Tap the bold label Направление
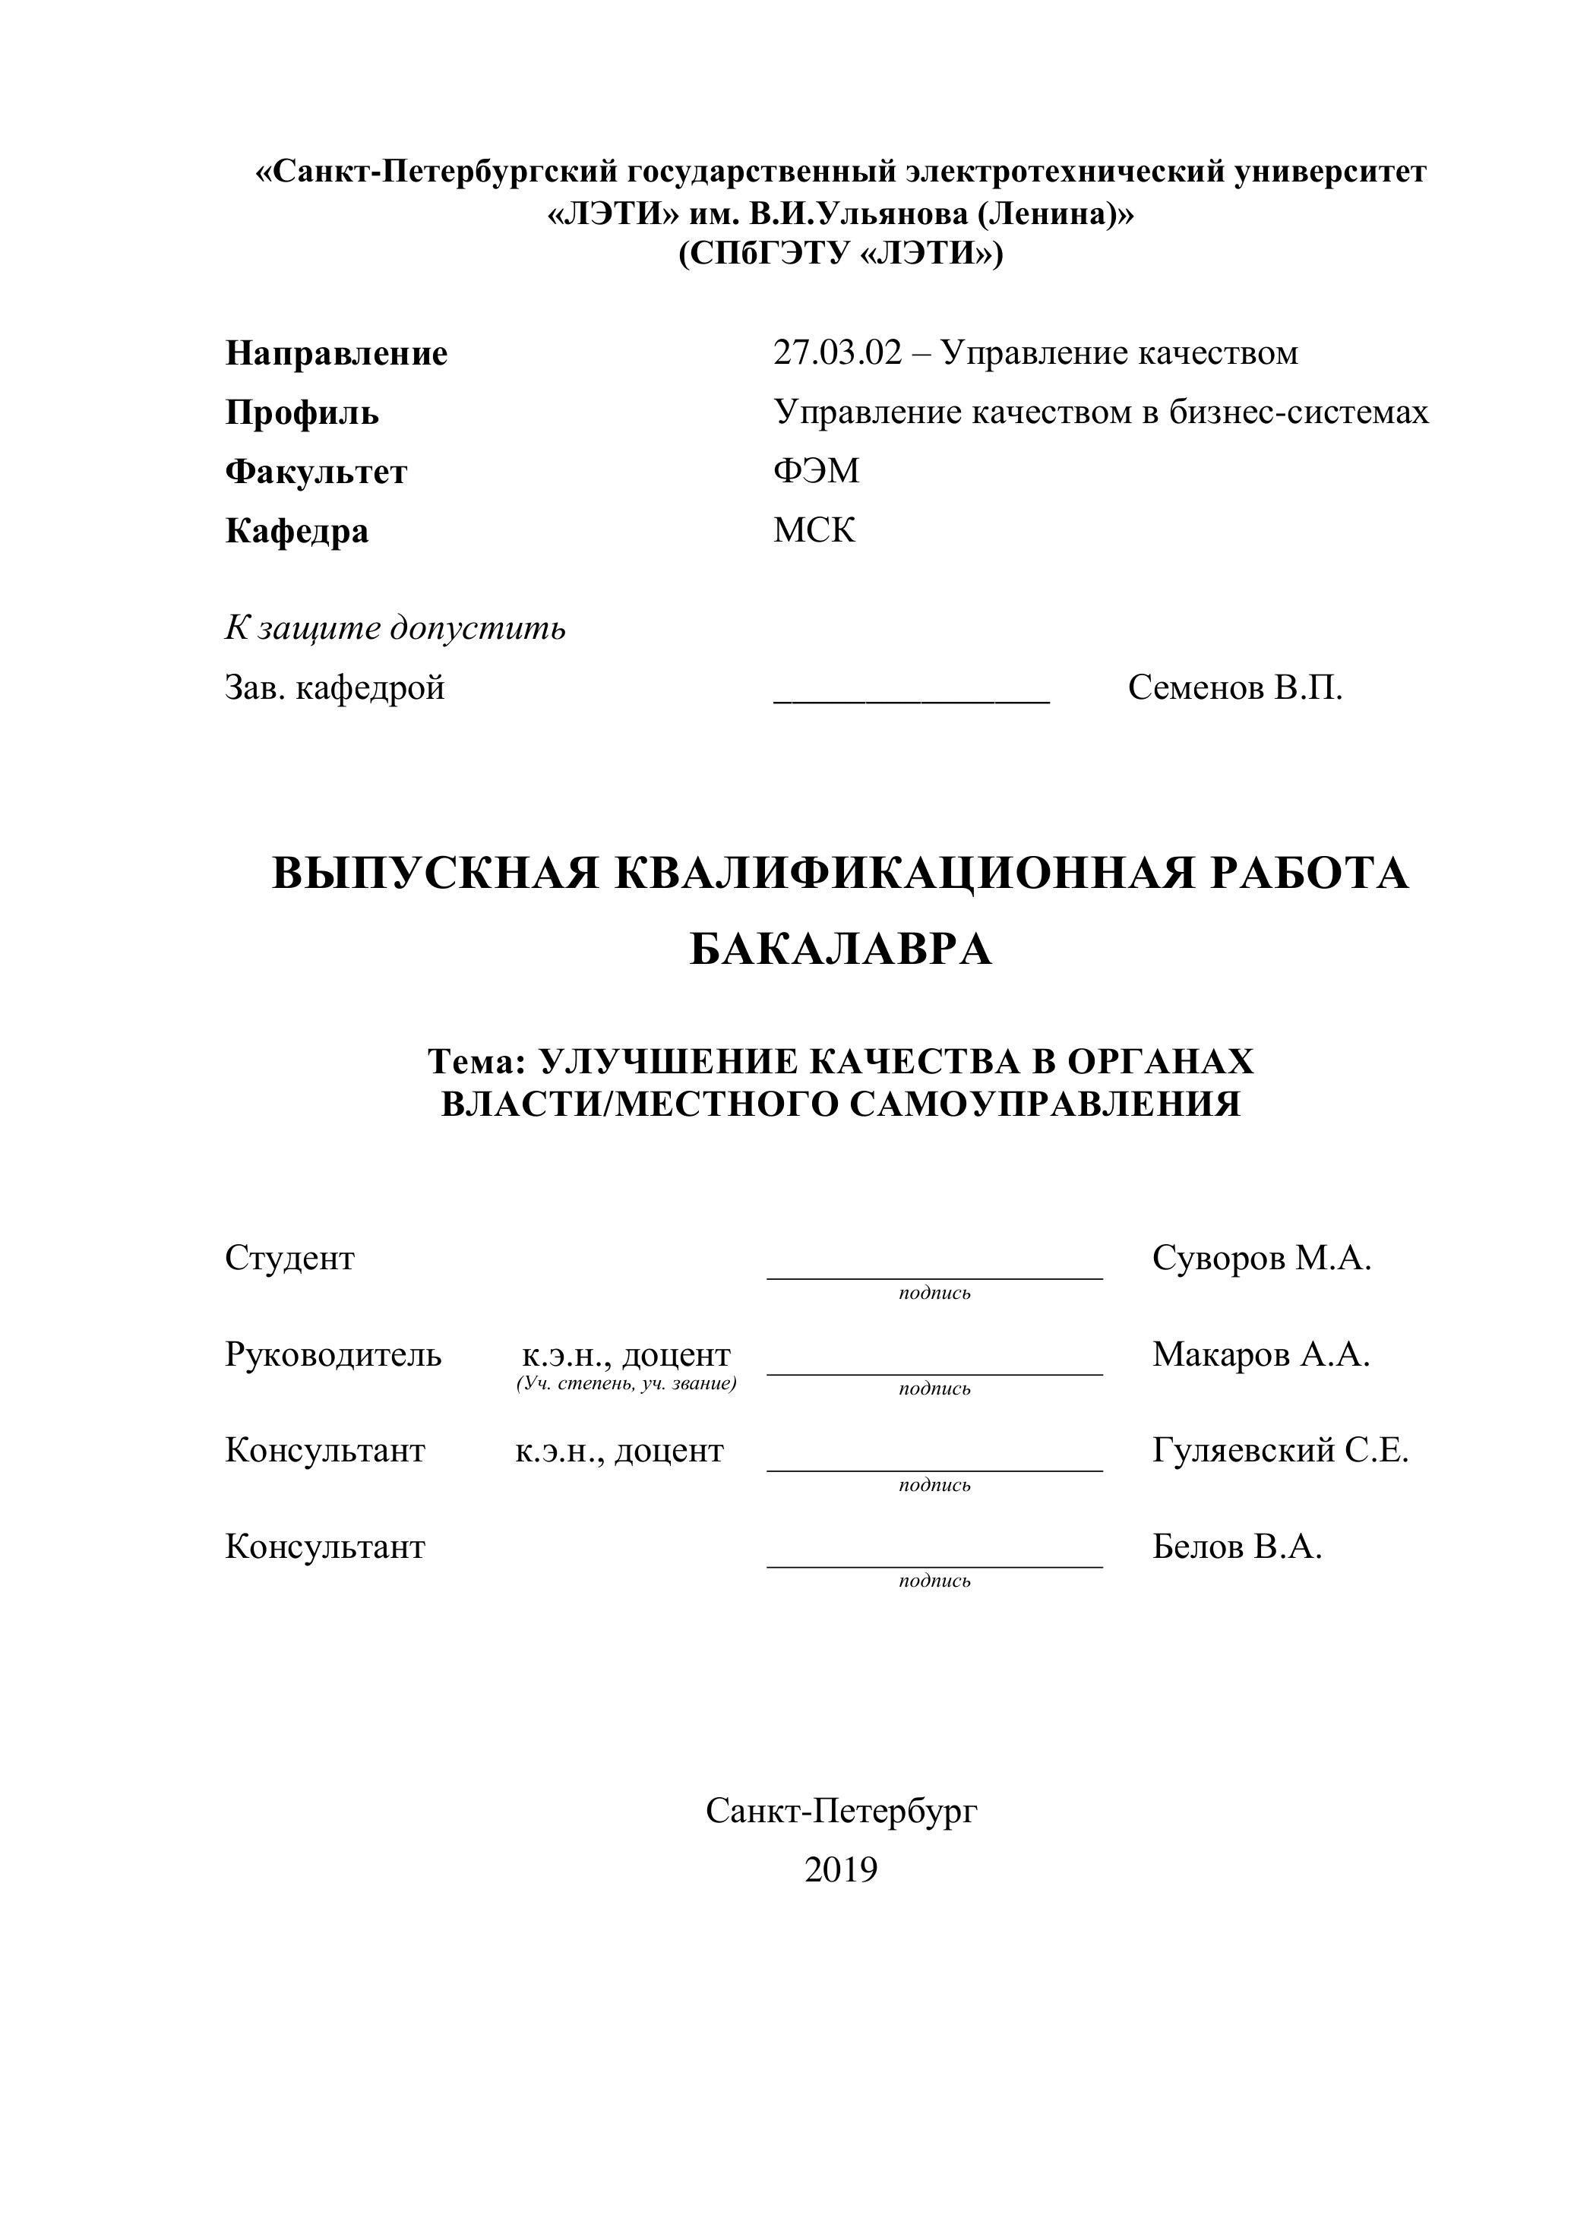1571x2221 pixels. [337, 354]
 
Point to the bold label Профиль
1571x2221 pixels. [302, 413]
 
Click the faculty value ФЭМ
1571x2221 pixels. [815, 471]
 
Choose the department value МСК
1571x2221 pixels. [814, 530]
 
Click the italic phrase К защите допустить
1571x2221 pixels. [395, 629]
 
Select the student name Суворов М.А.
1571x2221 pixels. [1262, 1259]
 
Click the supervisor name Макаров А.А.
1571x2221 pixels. [1260, 1354]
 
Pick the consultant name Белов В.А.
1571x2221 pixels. [1236, 1546]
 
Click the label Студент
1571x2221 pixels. [289, 1259]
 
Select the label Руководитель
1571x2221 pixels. [333, 1354]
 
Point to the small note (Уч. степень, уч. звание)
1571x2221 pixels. [627, 1384]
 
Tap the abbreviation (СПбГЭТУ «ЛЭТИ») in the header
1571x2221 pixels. [841, 254]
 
